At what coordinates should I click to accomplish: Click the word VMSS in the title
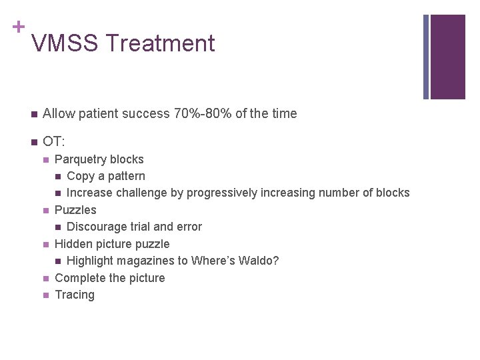pos(65,43)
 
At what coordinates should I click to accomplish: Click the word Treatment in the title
pos(160,43)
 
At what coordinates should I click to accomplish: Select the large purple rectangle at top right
pos(447,57)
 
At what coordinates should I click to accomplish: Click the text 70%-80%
pos(204,114)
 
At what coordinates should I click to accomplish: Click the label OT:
pos(53,141)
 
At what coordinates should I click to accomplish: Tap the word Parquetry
pos(80,160)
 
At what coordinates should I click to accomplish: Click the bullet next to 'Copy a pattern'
pos(58,177)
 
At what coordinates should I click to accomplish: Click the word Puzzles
pos(75,210)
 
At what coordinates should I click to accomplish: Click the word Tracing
pos(75,295)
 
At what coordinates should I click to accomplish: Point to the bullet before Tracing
pos(45,295)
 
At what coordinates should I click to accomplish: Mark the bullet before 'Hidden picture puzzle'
pos(45,244)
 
